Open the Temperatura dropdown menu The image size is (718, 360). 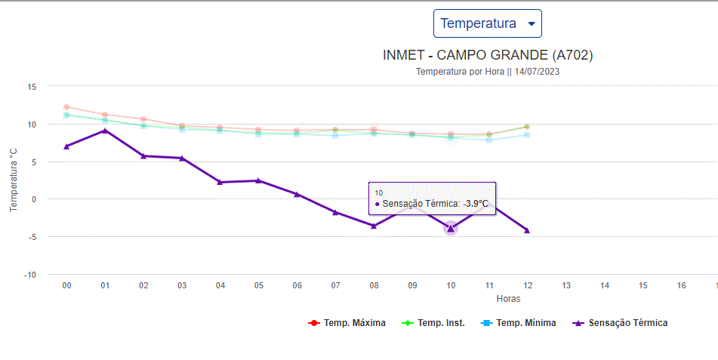pyautogui.click(x=487, y=23)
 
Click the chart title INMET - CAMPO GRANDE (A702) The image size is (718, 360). pyautogui.click(x=488, y=56)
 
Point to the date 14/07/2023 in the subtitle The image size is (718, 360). pyautogui.click(x=537, y=72)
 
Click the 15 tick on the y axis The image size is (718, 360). pyautogui.click(x=32, y=87)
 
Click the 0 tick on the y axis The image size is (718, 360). pyautogui.click(x=33, y=199)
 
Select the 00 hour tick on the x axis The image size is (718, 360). pyautogui.click(x=66, y=286)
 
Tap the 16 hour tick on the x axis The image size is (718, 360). pyautogui.click(x=682, y=286)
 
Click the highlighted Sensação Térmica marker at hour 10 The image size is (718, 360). pyautogui.click(x=451, y=228)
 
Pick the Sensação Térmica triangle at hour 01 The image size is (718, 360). pyautogui.click(x=105, y=131)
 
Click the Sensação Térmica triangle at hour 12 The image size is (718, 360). pyautogui.click(x=527, y=230)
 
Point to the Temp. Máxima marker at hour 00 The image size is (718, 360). pyautogui.click(x=66, y=107)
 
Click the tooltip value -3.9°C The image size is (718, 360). pyautogui.click(x=476, y=204)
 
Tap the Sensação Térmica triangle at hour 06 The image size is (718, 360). pyautogui.click(x=297, y=194)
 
